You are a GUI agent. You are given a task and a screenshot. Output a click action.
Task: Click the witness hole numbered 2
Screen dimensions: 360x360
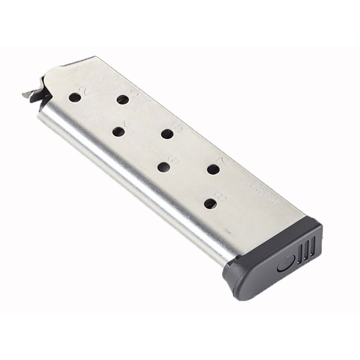pyautogui.click(x=75, y=97)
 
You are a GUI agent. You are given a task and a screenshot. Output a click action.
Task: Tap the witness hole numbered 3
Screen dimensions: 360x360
pyautogui.click(x=122, y=99)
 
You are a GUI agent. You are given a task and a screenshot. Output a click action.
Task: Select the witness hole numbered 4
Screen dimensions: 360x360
pyautogui.click(x=118, y=132)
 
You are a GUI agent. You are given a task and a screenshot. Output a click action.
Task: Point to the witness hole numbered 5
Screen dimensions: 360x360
pyautogui.click(x=167, y=134)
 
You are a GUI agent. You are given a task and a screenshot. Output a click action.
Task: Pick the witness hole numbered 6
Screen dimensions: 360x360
pyautogui.click(x=164, y=167)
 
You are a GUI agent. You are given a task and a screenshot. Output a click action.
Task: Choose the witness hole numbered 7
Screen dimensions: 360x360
pyautogui.click(x=213, y=169)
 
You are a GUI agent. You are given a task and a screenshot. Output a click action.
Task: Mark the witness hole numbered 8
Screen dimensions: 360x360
pyautogui.click(x=210, y=204)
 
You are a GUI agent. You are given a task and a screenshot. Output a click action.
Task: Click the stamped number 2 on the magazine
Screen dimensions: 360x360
pyautogui.click(x=85, y=91)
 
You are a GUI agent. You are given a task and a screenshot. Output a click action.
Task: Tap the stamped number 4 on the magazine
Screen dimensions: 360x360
pyautogui.click(x=128, y=124)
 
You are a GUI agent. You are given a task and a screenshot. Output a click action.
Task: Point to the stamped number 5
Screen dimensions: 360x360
pyautogui.click(x=178, y=127)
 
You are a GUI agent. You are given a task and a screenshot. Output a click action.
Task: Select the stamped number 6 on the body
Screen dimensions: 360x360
pyautogui.click(x=174, y=159)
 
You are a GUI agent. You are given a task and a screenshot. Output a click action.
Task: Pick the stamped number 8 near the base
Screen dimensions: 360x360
pyautogui.click(x=221, y=196)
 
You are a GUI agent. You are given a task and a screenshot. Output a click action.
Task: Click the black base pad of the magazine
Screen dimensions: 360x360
pyautogui.click(x=273, y=262)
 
